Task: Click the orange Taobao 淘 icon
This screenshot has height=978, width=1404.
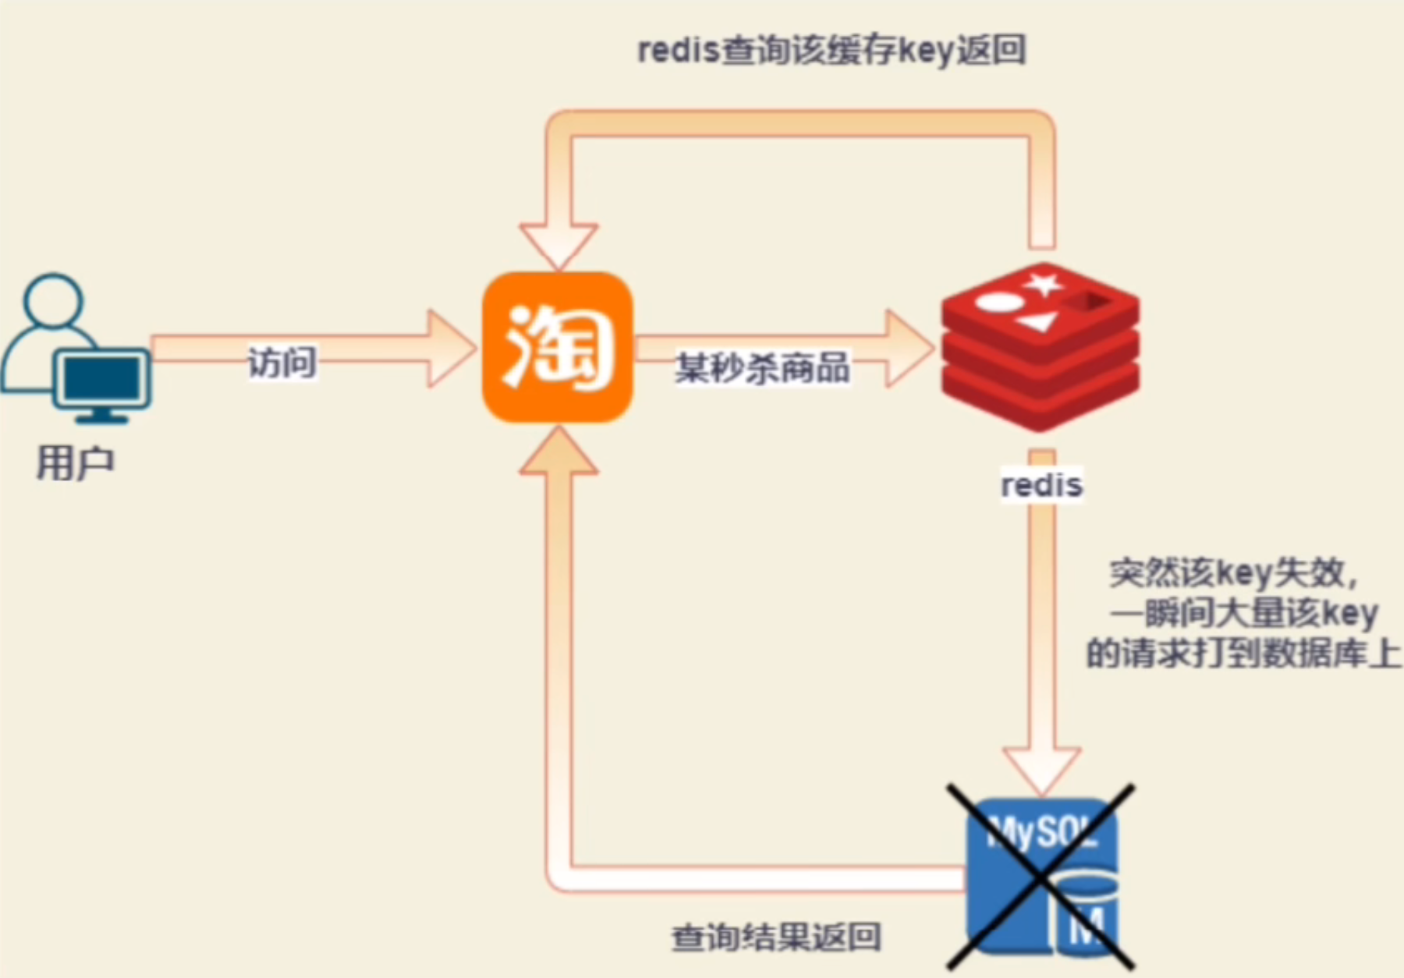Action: pos(557,348)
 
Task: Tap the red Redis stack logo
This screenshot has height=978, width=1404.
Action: pos(1040,347)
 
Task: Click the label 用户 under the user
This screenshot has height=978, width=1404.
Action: pos(76,463)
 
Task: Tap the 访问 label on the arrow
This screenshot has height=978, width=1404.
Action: pos(282,363)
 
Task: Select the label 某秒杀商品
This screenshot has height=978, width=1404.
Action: pos(762,367)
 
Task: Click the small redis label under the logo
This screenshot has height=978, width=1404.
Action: pos(1041,485)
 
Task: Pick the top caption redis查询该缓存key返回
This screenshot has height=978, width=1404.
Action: pos(831,51)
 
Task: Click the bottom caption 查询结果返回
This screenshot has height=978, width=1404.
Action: pos(776,937)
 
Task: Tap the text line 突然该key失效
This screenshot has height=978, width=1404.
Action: pos(1234,573)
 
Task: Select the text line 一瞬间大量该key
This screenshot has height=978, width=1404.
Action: pos(1243,614)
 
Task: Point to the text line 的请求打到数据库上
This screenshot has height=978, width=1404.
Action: pos(1243,654)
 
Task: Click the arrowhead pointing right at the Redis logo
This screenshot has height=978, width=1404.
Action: pos(909,349)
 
